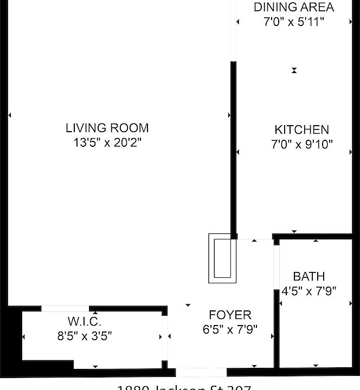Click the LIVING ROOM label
coord(107,128)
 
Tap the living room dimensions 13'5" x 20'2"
coord(107,142)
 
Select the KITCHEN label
coord(301,130)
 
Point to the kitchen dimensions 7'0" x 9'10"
coord(301,145)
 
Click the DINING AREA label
coord(294,8)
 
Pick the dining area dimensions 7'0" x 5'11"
coord(294,22)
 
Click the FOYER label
coord(230,315)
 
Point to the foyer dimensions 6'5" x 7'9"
coord(230,329)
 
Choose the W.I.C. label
coord(85,321)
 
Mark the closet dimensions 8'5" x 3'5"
coord(85,336)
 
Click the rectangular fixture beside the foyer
coord(222,258)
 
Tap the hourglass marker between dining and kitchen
coord(294,70)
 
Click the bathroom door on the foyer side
coord(276,271)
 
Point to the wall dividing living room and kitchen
coord(234,152)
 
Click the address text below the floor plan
coord(184,387)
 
